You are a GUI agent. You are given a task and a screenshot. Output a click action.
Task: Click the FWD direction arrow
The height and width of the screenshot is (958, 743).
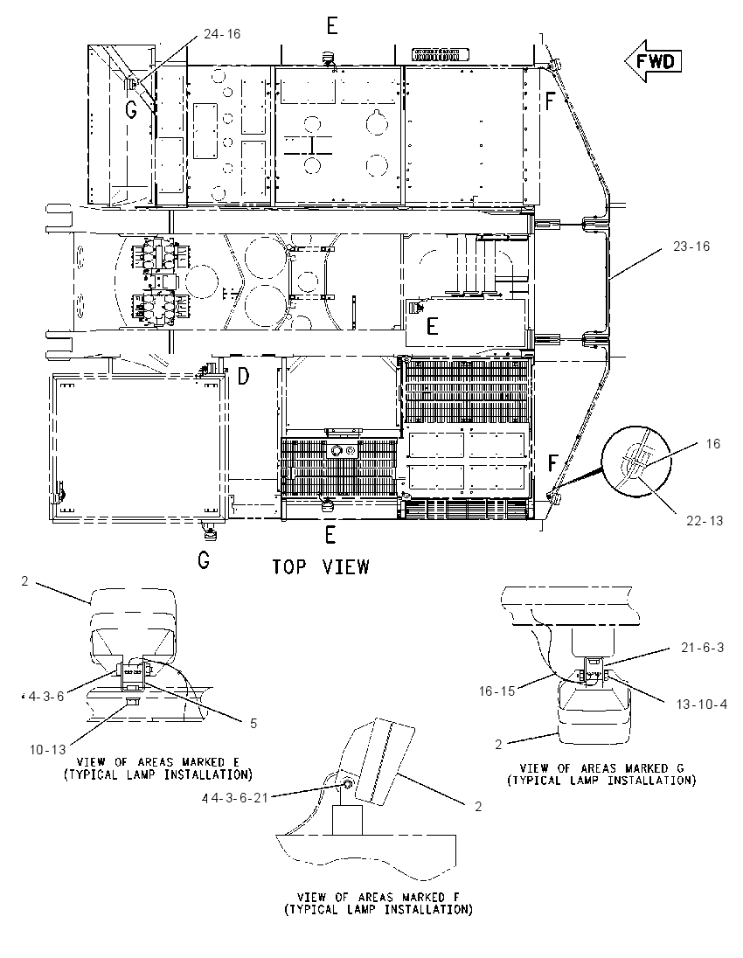[653, 61]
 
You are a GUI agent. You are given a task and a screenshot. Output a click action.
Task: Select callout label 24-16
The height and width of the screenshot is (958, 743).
[222, 34]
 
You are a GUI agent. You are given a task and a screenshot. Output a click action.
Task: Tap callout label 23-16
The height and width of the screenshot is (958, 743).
[691, 246]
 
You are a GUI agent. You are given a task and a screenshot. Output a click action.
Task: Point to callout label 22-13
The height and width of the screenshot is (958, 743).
[704, 521]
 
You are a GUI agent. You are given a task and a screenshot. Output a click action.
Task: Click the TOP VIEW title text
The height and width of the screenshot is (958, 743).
[321, 566]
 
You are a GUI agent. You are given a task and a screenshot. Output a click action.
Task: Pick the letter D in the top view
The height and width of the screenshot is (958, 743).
[243, 377]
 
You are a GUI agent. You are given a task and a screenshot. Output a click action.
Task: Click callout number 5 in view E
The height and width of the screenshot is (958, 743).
[253, 724]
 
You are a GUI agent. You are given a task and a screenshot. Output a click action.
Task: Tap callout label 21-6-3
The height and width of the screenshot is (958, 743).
[703, 648]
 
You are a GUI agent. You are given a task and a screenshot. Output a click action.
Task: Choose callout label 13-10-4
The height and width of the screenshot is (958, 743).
[701, 705]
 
